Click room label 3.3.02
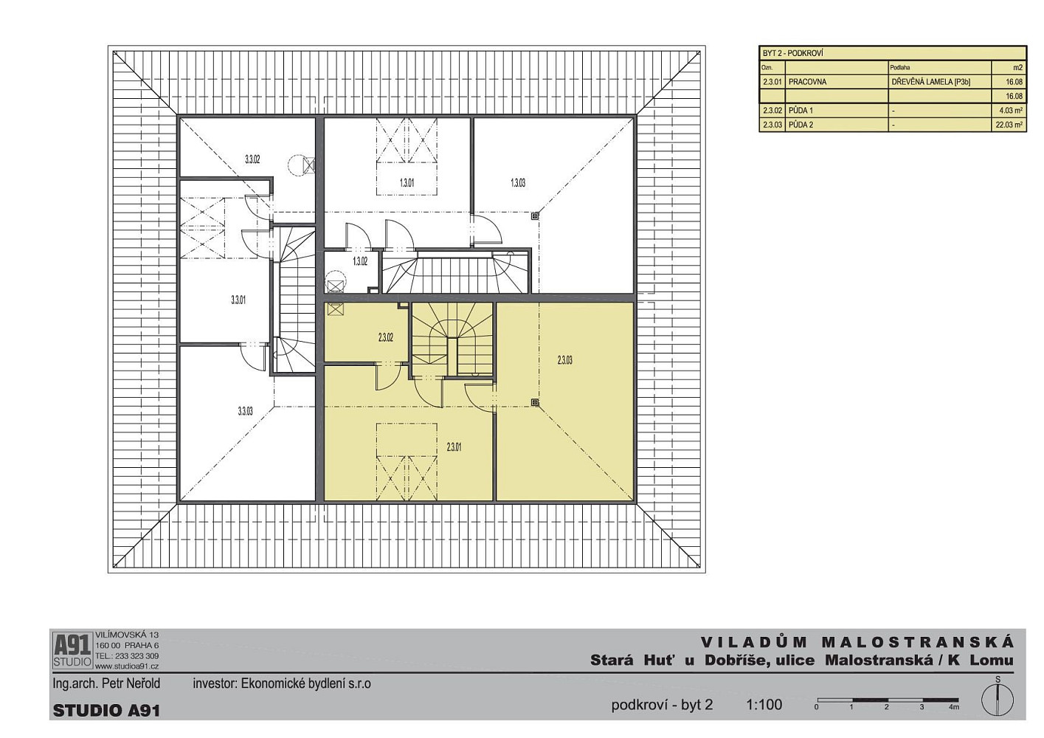point(252,159)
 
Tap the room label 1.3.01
point(407,183)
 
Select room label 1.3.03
point(518,183)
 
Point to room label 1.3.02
point(360,261)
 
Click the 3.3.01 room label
point(238,300)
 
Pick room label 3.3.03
point(245,411)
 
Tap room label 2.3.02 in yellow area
point(385,337)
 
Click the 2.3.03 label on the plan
point(564,360)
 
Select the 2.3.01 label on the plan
point(454,447)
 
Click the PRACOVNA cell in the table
point(807,82)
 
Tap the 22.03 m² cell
point(1009,125)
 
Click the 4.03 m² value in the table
point(1012,111)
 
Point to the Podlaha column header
point(899,68)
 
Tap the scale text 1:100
point(764,705)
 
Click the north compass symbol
point(998,701)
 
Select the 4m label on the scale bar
point(953,707)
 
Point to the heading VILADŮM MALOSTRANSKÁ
point(857,642)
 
